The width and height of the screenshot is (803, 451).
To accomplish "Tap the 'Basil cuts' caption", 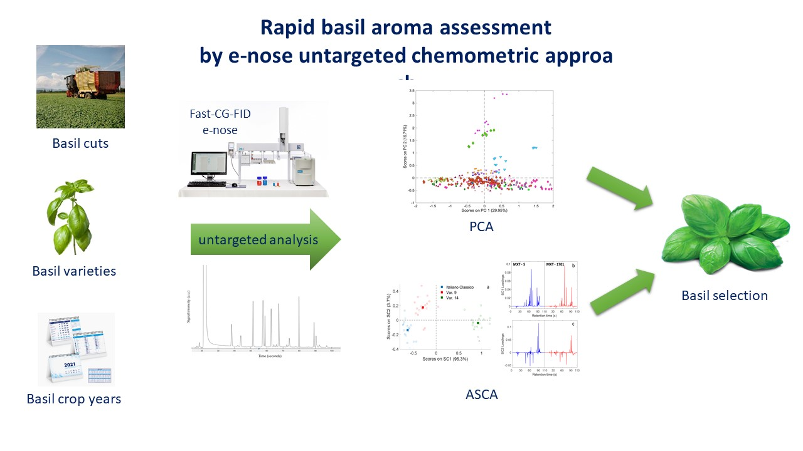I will click(x=80, y=143).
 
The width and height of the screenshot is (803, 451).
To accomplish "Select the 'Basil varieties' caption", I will click(x=74, y=271).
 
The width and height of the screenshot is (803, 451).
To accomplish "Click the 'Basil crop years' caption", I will click(x=74, y=398).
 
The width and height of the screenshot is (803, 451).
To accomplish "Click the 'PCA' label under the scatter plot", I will click(x=481, y=227).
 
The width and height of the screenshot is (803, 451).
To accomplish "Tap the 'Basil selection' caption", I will click(x=725, y=295).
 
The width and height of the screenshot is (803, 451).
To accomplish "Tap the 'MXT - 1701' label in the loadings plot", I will click(x=556, y=264).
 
